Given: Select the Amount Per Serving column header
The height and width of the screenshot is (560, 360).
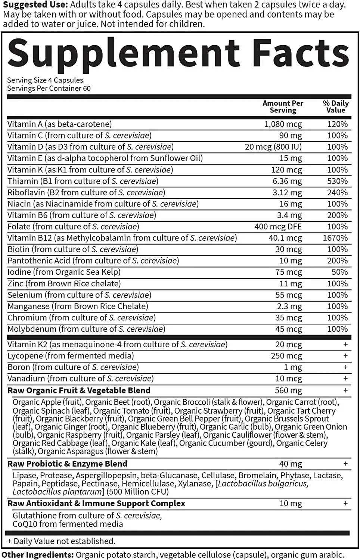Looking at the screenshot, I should (x=283, y=107).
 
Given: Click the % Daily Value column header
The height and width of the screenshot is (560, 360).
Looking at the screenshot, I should (x=336, y=107).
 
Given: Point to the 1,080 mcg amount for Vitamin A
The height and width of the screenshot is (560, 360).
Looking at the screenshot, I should (x=283, y=124).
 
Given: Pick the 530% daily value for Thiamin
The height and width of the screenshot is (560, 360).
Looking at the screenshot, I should (x=337, y=181).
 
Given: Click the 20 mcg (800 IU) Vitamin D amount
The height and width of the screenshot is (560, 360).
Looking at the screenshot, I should (x=273, y=147).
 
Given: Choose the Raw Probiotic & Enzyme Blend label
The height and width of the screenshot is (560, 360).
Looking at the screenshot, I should (x=68, y=464).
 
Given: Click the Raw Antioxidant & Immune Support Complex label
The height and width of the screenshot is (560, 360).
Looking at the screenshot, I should (x=96, y=504).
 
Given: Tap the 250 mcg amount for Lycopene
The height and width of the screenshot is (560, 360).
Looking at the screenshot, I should (x=286, y=356).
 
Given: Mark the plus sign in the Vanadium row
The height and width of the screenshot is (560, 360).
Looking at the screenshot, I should (x=345, y=379).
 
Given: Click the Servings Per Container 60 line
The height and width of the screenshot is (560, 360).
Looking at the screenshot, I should (x=49, y=88).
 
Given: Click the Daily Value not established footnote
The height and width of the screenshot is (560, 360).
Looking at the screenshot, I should (x=61, y=541).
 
